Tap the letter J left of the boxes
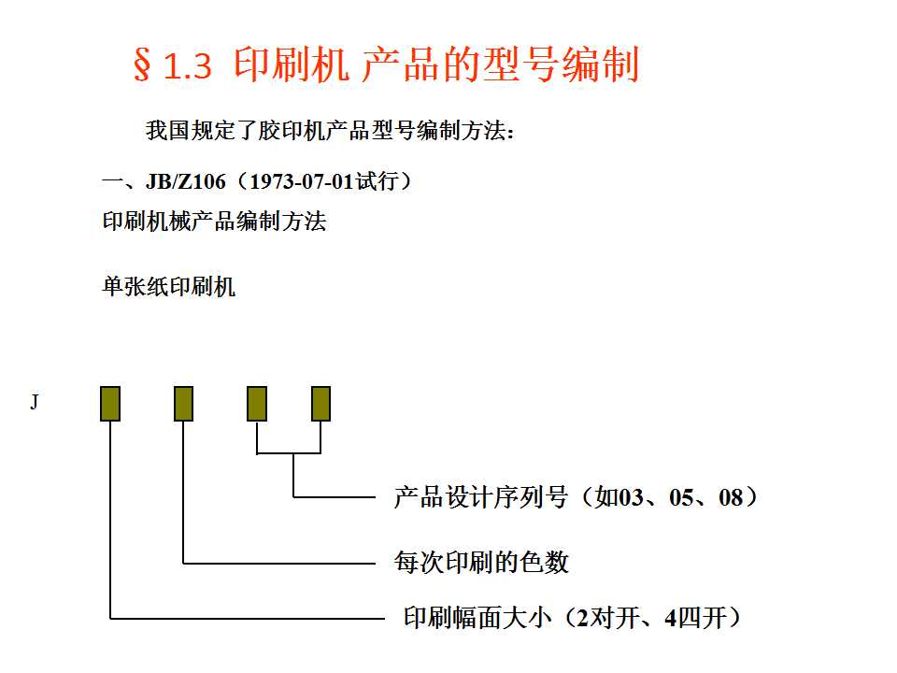35,403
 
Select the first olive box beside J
110,404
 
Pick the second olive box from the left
183,404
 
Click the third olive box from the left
257,404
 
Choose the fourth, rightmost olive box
320,404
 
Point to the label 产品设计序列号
480,497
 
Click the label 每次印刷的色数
481,562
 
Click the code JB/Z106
186,181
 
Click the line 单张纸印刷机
169,287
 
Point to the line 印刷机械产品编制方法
214,222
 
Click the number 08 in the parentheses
731,498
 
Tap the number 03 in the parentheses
632,498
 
